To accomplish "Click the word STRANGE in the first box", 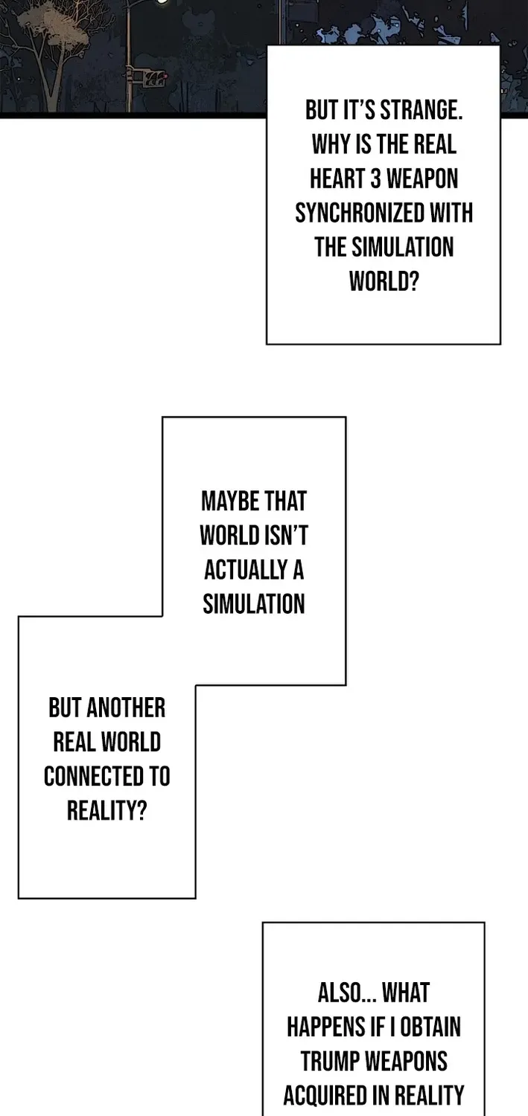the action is [422, 109].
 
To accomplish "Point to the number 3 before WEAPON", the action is [375, 179].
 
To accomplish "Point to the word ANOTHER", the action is [126, 708].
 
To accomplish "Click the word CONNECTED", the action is [89, 776].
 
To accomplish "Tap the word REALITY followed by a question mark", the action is [106, 811].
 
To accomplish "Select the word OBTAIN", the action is [430, 1027].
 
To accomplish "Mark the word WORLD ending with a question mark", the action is [384, 281].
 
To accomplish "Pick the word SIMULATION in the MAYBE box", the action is [254, 604].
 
